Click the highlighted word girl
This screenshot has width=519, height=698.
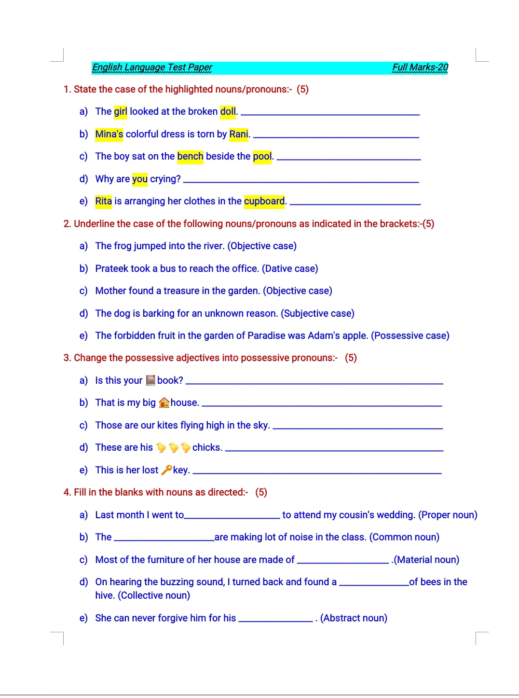click(121, 112)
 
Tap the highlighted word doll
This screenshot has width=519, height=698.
click(228, 112)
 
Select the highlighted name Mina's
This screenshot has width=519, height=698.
click(109, 134)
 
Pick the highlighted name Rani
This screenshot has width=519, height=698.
click(239, 134)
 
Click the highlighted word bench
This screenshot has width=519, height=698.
click(190, 157)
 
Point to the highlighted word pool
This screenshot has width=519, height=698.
click(262, 157)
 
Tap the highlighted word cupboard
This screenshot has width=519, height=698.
click(264, 201)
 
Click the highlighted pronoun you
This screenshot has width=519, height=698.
click(140, 179)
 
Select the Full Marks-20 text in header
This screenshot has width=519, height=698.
click(420, 67)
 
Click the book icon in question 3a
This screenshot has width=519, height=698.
click(150, 380)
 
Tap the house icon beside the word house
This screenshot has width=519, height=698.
click(164, 403)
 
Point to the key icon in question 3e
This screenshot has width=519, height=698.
click(166, 470)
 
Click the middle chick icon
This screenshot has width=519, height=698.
click(174, 448)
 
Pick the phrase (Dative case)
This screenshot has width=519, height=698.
click(290, 268)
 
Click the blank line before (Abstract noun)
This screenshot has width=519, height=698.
click(276, 620)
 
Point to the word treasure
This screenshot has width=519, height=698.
click(181, 291)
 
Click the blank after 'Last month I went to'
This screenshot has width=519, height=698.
click(232, 517)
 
